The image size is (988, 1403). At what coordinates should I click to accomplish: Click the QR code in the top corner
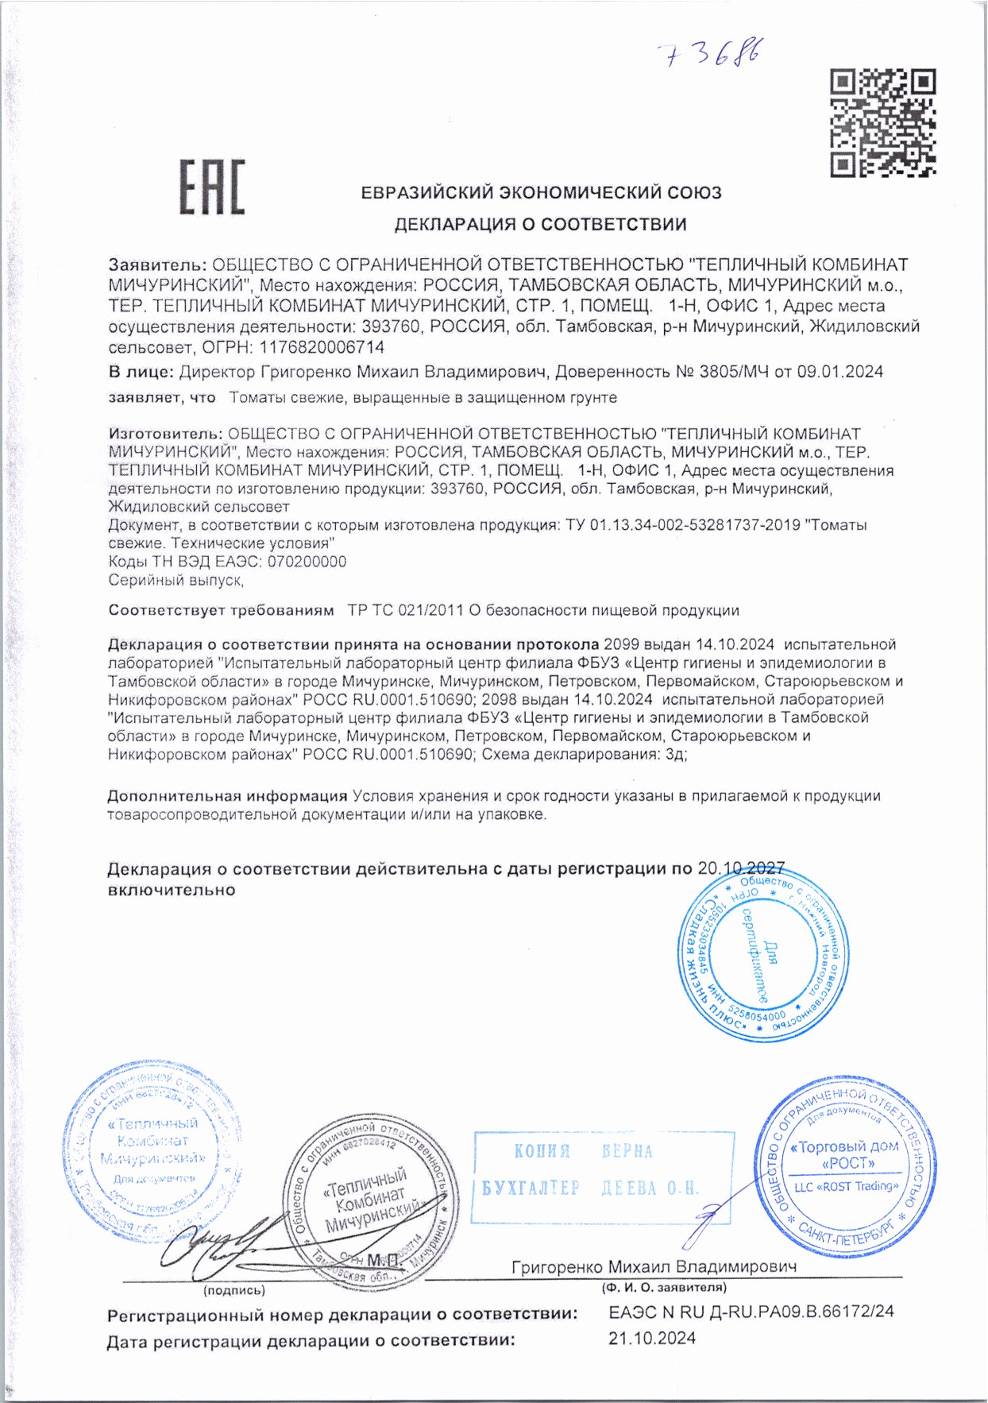point(882,123)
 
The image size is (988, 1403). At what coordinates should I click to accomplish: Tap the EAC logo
point(212,187)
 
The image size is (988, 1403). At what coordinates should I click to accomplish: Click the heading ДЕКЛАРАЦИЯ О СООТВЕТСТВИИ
point(540,225)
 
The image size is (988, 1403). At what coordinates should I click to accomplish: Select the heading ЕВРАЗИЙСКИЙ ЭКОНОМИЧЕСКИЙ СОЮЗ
point(541,192)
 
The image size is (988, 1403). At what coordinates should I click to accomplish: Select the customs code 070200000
point(307,562)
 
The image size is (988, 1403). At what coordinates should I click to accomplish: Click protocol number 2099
point(620,644)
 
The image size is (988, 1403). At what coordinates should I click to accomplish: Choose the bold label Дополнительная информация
point(227,796)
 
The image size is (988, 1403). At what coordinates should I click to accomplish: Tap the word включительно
point(172,890)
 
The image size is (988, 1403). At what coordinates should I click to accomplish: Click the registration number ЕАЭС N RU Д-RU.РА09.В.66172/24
point(751,1312)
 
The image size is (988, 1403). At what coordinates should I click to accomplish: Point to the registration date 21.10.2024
point(652,1339)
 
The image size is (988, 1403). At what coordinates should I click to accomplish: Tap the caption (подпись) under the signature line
point(234,1291)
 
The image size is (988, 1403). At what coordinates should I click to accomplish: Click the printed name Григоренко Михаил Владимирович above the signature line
point(654,1266)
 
